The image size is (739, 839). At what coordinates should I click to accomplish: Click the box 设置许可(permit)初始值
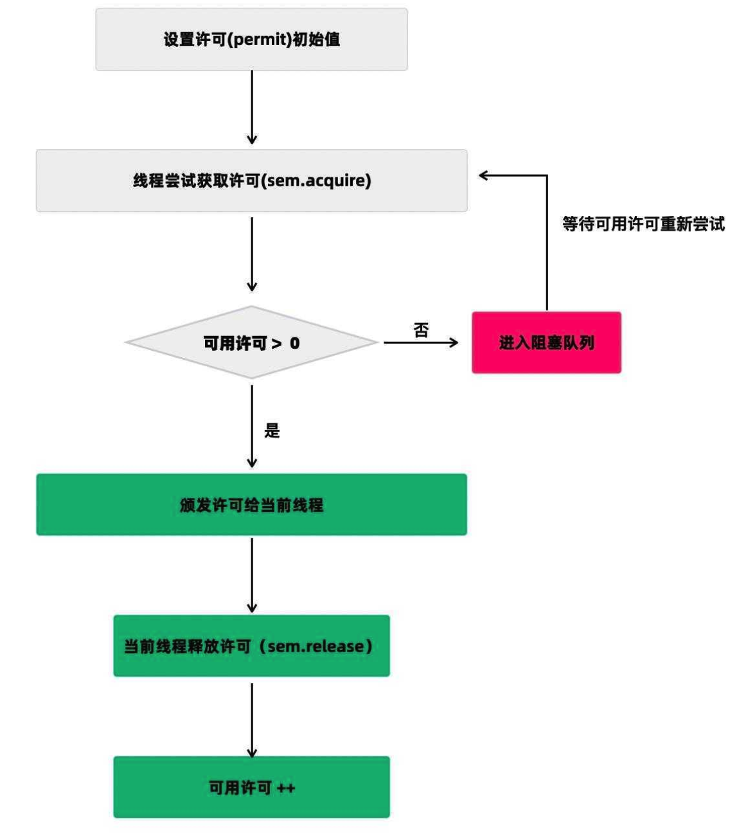tap(251, 39)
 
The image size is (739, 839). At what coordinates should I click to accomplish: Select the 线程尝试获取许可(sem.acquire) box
tap(251, 181)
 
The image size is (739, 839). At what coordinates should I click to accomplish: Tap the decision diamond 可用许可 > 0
tap(251, 343)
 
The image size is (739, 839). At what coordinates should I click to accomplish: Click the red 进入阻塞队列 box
tap(546, 342)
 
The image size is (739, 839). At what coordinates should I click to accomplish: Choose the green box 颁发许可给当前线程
tap(251, 505)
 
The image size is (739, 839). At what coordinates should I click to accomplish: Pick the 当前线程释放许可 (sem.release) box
tap(251, 646)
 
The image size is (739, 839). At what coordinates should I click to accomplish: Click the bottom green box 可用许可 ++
tap(251, 787)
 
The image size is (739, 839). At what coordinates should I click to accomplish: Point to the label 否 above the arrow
tap(421, 330)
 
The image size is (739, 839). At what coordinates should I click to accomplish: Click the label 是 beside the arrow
tap(272, 430)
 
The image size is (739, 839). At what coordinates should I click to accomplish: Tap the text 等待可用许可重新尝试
tap(643, 224)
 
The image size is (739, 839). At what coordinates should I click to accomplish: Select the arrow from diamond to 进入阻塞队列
tap(421, 343)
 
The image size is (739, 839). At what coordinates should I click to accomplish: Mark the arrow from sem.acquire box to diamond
tap(252, 254)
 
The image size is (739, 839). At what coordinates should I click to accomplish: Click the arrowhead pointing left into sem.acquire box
tap(484, 175)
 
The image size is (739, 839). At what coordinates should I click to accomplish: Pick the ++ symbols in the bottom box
tap(285, 788)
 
